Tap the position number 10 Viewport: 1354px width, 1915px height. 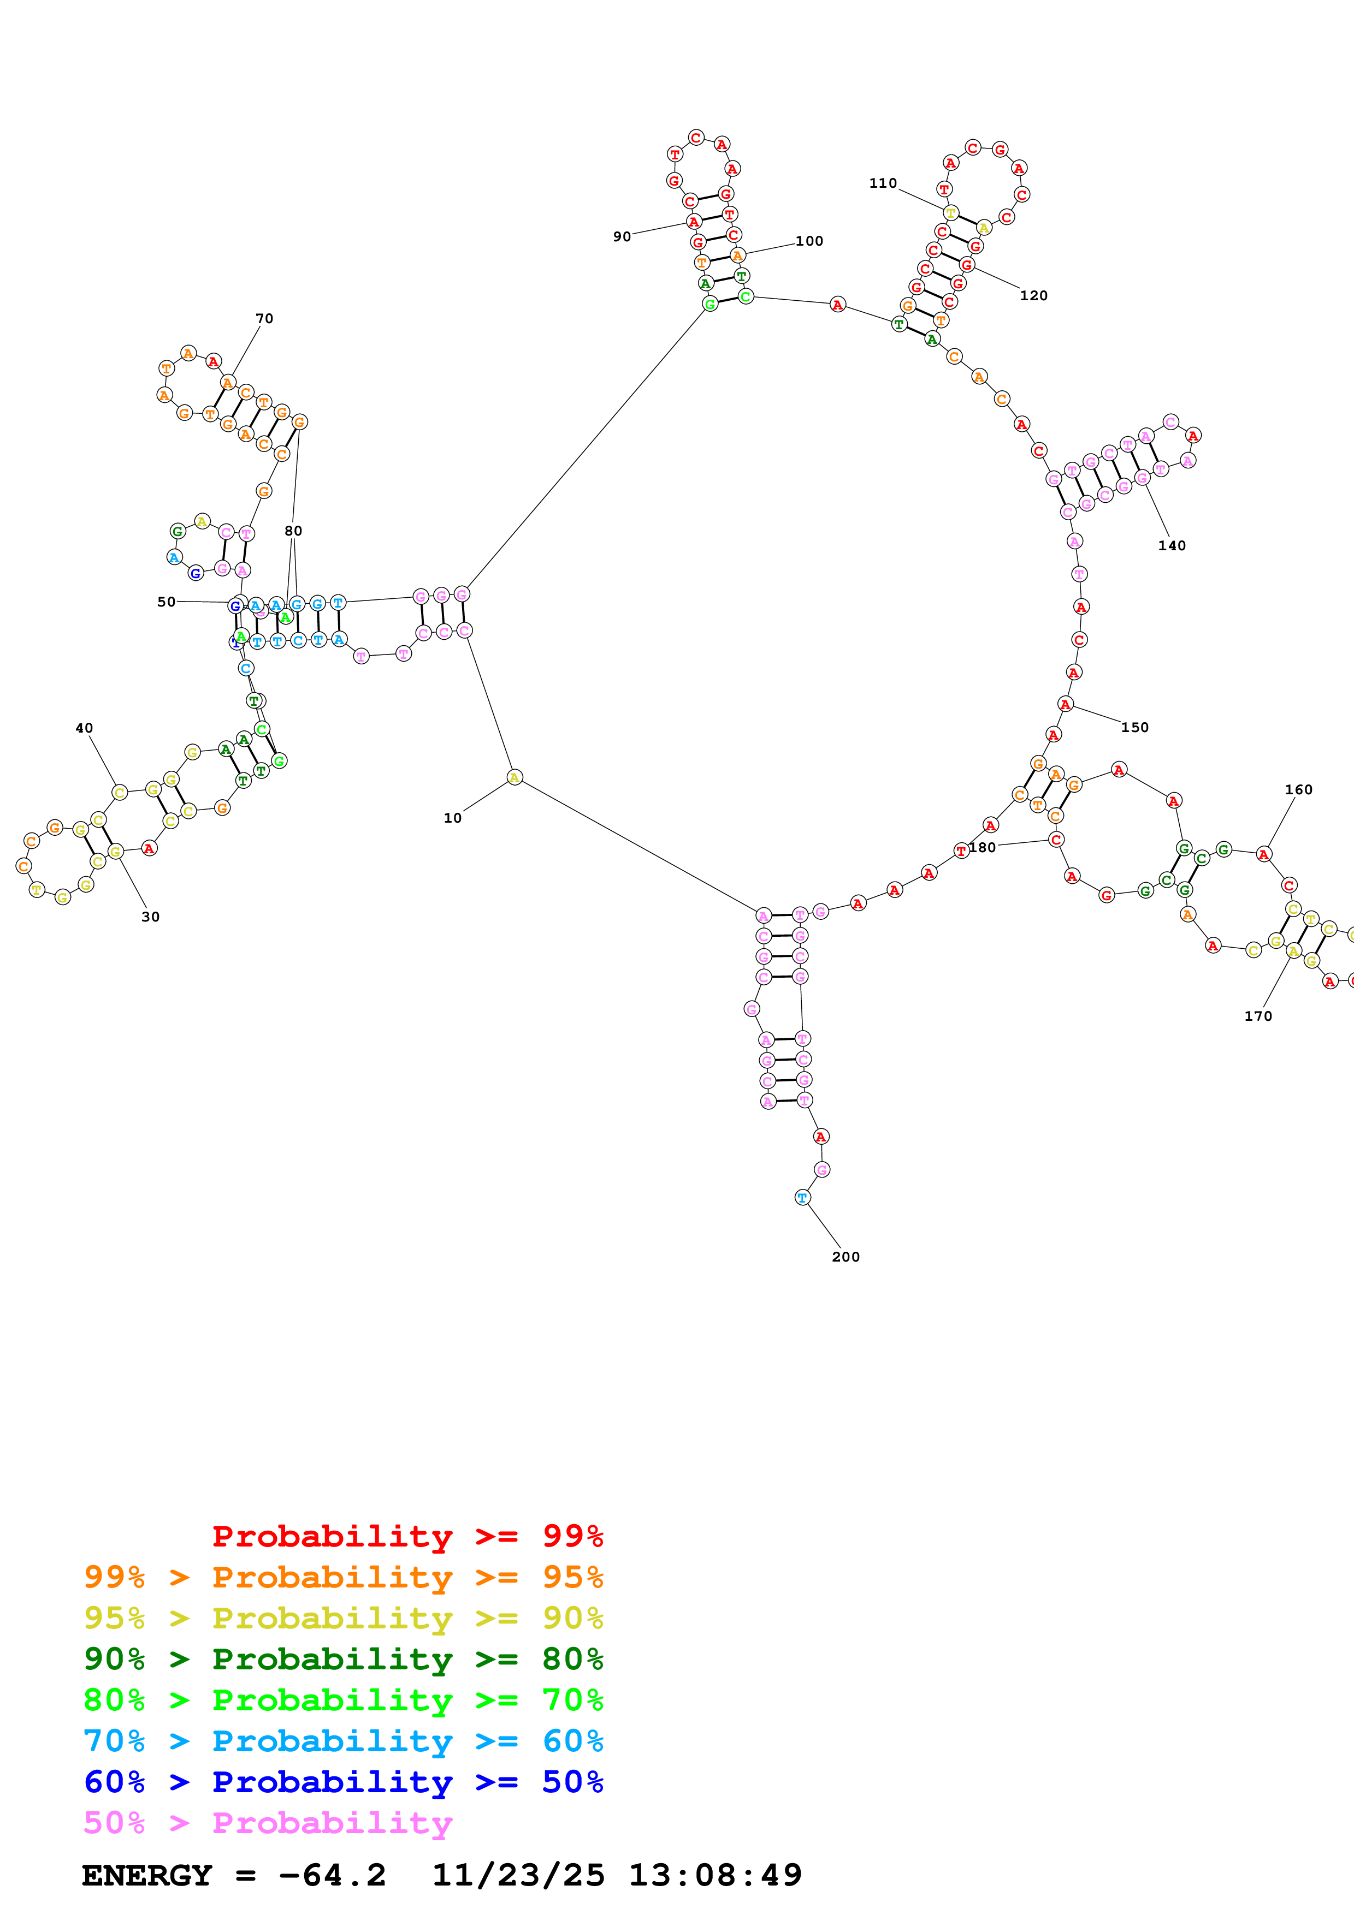[452, 818]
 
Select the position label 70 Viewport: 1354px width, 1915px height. [264, 319]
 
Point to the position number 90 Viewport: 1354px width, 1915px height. [622, 237]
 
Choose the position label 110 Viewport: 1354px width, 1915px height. [883, 183]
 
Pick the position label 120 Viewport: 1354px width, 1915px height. [1033, 295]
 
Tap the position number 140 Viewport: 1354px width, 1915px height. [1171, 545]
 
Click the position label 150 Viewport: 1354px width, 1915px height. [1134, 727]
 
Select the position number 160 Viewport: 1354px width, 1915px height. [1298, 790]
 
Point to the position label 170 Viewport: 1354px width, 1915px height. [1258, 1016]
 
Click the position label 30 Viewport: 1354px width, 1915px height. [150, 917]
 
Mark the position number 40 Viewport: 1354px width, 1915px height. [84, 728]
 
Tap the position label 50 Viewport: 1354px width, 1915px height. [166, 602]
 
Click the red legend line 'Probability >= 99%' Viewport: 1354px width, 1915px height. [407, 1536]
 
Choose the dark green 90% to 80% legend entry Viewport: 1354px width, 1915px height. [343, 1659]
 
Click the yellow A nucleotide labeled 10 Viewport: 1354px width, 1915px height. [515, 777]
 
